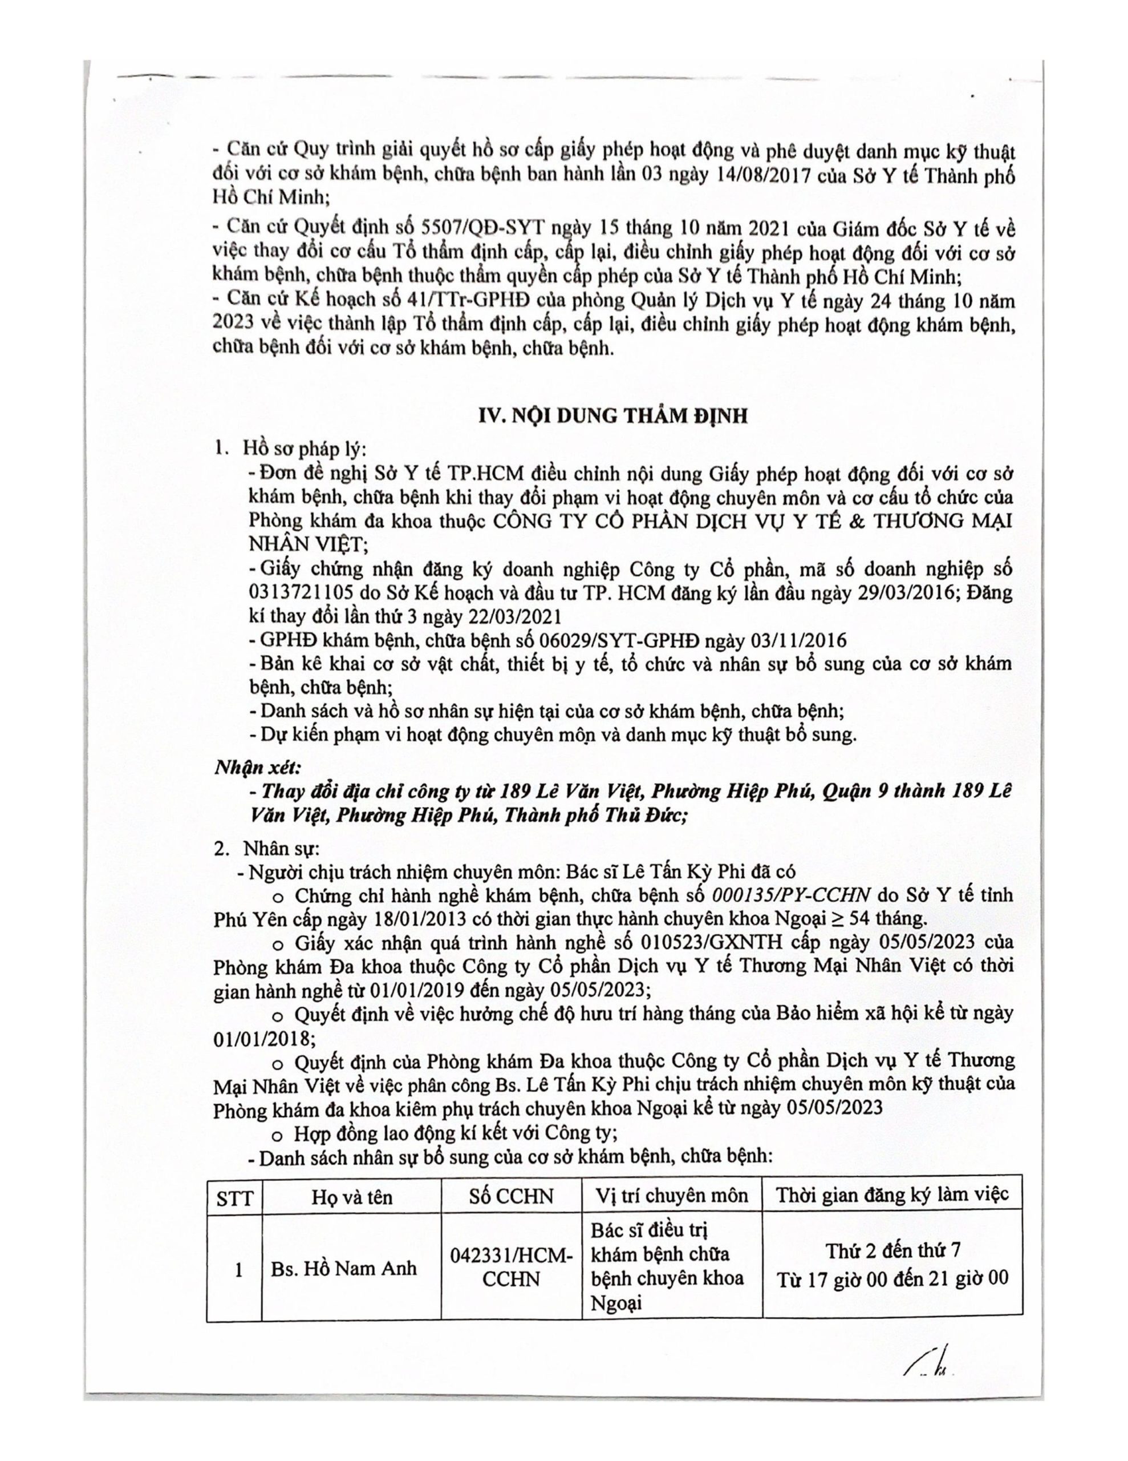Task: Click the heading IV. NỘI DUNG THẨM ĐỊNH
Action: [x=612, y=415]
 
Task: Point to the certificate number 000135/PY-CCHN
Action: [x=791, y=895]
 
